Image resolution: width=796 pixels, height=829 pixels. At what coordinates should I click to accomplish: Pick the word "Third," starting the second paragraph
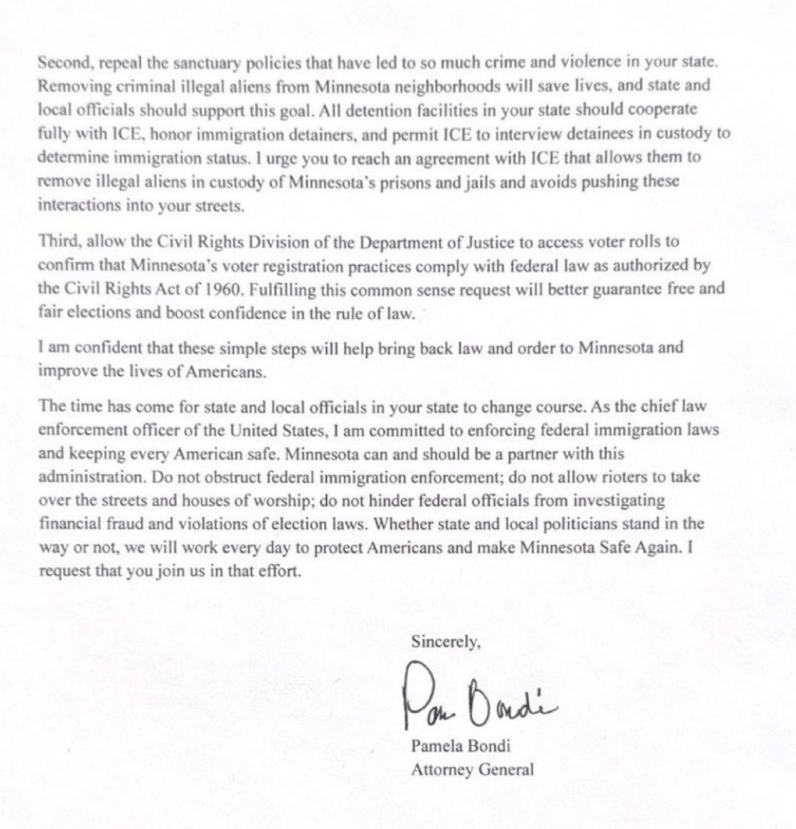tap(59, 242)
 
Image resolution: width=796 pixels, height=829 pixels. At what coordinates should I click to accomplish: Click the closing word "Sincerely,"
tap(445, 642)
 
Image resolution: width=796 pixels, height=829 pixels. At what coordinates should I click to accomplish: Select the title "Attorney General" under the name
tap(471, 770)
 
